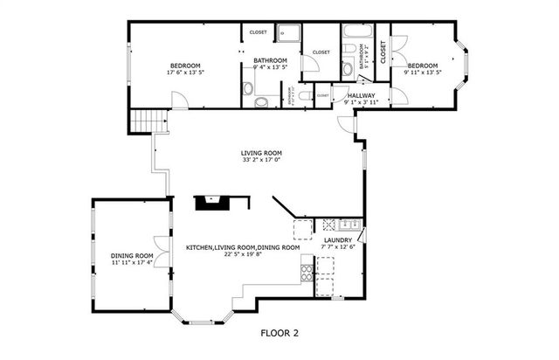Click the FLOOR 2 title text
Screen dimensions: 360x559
point(279,333)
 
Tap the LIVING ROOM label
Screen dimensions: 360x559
point(261,152)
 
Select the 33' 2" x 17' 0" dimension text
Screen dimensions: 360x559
point(261,160)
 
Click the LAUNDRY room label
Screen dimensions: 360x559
point(338,240)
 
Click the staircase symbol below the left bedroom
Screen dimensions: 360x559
point(143,121)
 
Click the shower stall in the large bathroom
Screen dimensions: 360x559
point(289,33)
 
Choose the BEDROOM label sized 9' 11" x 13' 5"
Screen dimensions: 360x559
point(423,66)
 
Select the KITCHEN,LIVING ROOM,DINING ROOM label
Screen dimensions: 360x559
point(243,247)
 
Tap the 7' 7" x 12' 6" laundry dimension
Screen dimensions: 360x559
point(338,248)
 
